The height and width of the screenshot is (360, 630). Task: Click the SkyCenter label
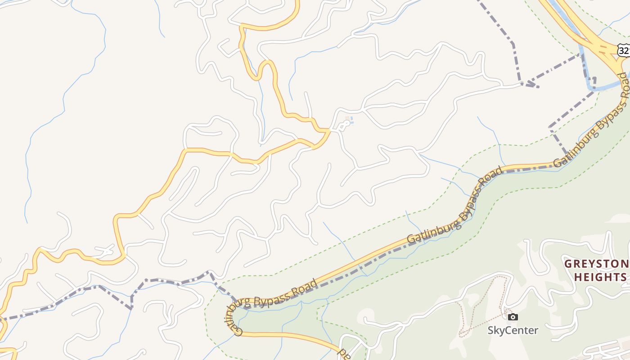click(x=513, y=330)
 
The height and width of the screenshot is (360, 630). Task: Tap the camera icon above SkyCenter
click(x=513, y=317)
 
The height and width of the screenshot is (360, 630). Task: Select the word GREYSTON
click(x=597, y=264)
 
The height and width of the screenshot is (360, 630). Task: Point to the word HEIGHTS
click(x=600, y=277)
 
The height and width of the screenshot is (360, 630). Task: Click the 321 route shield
click(x=624, y=50)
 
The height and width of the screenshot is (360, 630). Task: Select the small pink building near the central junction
click(x=347, y=120)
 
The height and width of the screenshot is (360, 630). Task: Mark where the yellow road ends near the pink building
click(x=330, y=130)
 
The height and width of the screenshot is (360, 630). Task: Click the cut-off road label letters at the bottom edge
click(x=345, y=354)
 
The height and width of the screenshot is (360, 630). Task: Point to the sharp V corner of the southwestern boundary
click(x=131, y=308)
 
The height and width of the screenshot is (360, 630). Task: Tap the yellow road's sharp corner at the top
click(x=242, y=25)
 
